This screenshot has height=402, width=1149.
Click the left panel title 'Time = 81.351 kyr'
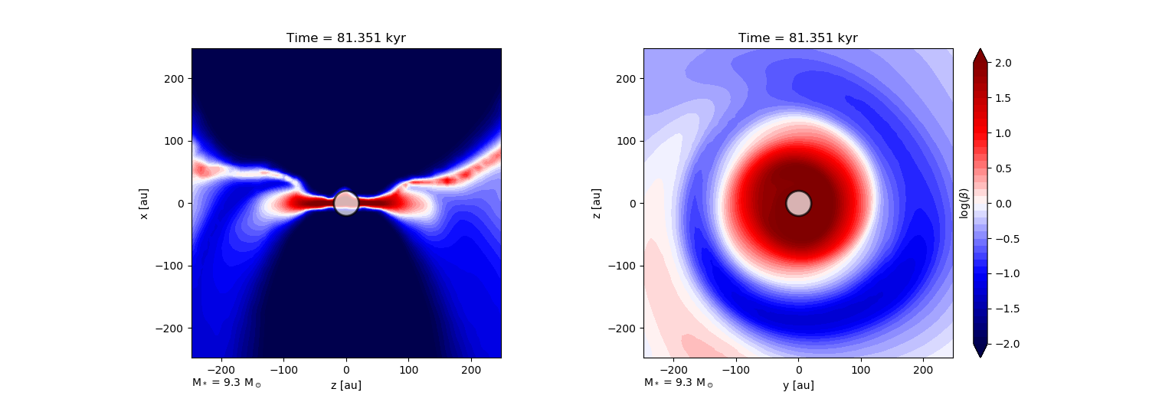tap(346, 38)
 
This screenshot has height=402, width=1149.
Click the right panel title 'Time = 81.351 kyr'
tap(798, 38)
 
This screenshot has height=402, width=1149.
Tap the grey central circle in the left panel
tap(346, 204)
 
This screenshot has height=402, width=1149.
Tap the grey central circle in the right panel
tap(799, 204)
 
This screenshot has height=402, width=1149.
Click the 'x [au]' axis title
tap(144, 204)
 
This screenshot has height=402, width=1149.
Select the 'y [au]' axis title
tap(799, 385)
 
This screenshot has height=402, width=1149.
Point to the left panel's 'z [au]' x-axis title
tap(346, 385)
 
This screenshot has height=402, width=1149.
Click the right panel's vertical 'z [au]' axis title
tap(596, 204)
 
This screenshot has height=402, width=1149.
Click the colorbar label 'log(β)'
tap(964, 204)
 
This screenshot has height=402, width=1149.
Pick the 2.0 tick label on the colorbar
tap(1003, 63)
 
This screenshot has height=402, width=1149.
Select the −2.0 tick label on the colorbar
tap(1007, 344)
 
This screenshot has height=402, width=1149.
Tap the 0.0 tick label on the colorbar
tap(1003, 204)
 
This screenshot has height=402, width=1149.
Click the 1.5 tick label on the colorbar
tap(1003, 98)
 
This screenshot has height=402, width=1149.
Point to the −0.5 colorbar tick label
tap(1007, 239)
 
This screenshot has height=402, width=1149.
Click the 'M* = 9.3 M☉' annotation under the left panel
tap(227, 383)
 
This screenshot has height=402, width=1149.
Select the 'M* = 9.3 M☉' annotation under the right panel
tap(679, 383)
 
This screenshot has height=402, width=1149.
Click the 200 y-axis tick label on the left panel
tap(174, 79)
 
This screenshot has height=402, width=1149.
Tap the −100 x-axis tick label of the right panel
tap(736, 370)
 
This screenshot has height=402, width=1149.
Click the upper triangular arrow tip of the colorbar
tap(980, 49)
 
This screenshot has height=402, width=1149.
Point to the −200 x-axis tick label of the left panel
tap(221, 370)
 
